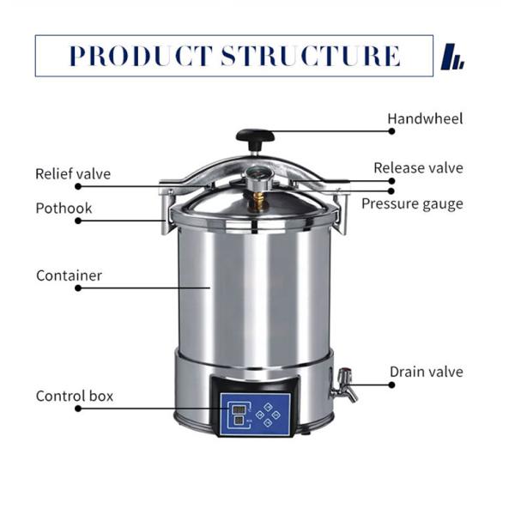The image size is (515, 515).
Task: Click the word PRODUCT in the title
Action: point(141,57)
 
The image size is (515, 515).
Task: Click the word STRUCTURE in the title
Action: point(311,57)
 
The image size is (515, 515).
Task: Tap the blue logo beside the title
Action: point(451,58)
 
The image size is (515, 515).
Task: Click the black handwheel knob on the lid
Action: point(255,136)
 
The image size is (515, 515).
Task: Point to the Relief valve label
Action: point(73,174)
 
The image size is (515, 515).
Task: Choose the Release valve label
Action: point(418,168)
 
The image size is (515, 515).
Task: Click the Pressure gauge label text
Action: point(412,203)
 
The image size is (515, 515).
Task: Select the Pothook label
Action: point(64,208)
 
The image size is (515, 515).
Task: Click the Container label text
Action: point(69,276)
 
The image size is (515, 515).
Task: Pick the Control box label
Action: point(75,396)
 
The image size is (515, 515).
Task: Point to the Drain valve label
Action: point(426,372)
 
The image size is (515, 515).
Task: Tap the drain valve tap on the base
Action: point(345,383)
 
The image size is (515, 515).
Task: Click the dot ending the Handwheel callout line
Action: point(391,131)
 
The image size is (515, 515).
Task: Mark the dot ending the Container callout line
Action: point(78,288)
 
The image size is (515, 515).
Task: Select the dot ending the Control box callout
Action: point(78,409)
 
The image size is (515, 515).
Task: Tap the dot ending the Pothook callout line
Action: point(78,221)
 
